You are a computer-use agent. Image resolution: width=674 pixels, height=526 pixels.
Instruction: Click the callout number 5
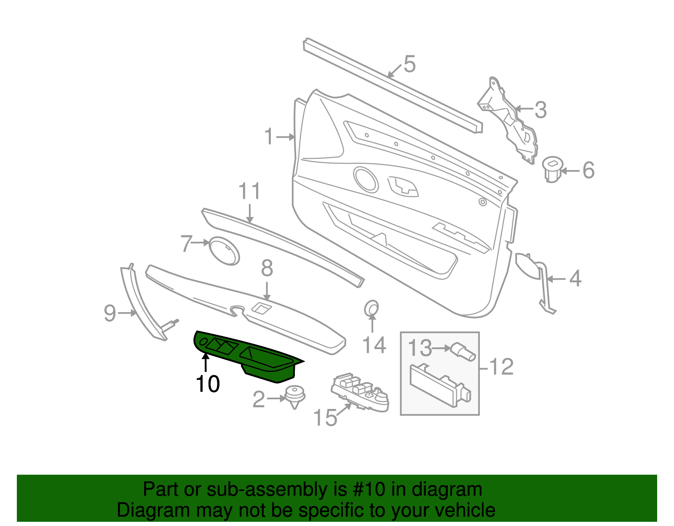(x=409, y=64)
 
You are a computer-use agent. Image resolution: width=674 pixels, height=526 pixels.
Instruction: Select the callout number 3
(x=541, y=110)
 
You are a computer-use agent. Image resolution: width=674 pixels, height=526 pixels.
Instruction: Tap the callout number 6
(x=588, y=170)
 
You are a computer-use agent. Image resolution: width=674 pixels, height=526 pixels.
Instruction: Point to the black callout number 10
(x=208, y=384)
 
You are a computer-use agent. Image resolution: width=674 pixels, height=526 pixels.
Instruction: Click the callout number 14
(x=374, y=345)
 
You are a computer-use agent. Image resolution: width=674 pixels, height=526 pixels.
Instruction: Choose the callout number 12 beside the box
(x=501, y=367)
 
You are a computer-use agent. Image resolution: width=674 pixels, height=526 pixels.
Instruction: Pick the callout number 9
(x=110, y=313)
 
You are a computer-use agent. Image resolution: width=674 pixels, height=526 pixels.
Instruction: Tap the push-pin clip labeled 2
(x=295, y=397)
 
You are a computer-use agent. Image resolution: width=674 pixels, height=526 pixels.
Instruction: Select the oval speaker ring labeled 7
(x=224, y=251)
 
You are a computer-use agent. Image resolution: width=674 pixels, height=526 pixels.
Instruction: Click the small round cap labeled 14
(x=371, y=308)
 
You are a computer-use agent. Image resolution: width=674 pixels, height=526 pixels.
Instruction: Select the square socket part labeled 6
(x=552, y=169)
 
